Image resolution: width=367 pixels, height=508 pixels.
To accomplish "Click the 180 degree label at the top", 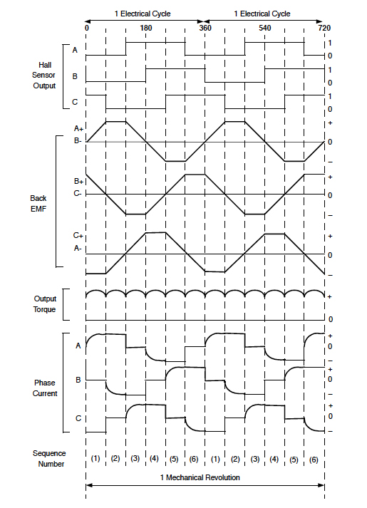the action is point(145,28).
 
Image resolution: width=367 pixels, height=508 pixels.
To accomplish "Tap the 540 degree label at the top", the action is point(264,28).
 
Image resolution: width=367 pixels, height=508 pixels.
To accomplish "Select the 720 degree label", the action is point(324,28).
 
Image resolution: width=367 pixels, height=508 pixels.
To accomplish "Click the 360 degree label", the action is point(205,28).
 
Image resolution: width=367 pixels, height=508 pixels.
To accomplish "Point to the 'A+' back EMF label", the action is point(78,128).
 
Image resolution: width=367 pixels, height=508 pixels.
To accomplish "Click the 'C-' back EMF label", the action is point(78,193).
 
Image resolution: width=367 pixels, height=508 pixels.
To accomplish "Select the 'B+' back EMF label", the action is point(78,182).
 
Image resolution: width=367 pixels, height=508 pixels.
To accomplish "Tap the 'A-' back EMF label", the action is point(78,247).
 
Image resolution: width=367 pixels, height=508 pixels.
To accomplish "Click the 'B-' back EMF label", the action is point(78,140).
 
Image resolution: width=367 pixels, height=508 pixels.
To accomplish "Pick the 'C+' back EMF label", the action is point(78,235).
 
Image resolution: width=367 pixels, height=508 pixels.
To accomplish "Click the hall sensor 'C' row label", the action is point(76,102).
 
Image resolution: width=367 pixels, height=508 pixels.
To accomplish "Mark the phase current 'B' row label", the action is point(76,380).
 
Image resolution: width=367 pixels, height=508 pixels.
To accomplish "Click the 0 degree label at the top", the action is point(86,28).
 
